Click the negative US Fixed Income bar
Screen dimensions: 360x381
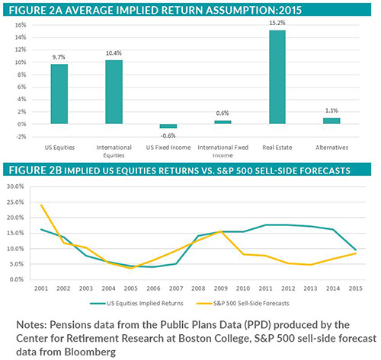[168, 126]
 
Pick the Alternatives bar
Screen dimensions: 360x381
[332, 120]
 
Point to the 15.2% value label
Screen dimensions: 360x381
[277, 22]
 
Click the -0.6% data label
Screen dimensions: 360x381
[168, 136]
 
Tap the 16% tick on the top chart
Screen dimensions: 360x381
[21, 24]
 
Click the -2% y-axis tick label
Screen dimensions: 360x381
[21, 136]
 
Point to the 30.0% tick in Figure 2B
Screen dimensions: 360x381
[17, 186]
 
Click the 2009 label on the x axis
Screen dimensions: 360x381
[220, 288]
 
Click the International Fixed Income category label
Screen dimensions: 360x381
[223, 147]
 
